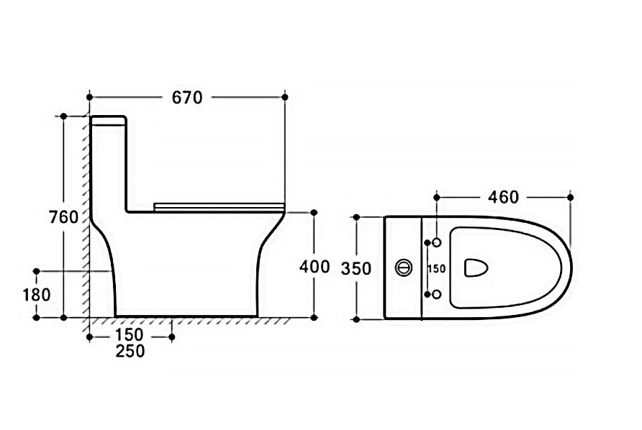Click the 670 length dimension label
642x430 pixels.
tap(187, 97)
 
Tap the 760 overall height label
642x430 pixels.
tap(63, 217)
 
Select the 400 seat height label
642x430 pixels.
tap(315, 267)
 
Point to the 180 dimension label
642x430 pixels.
tap(37, 295)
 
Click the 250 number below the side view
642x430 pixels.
tap(130, 351)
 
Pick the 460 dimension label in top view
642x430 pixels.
tap(503, 197)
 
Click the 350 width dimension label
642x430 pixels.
tap(356, 269)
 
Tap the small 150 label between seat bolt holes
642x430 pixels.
tap(436, 269)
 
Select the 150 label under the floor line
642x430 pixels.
tap(129, 334)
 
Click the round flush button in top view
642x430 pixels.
tap(404, 267)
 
